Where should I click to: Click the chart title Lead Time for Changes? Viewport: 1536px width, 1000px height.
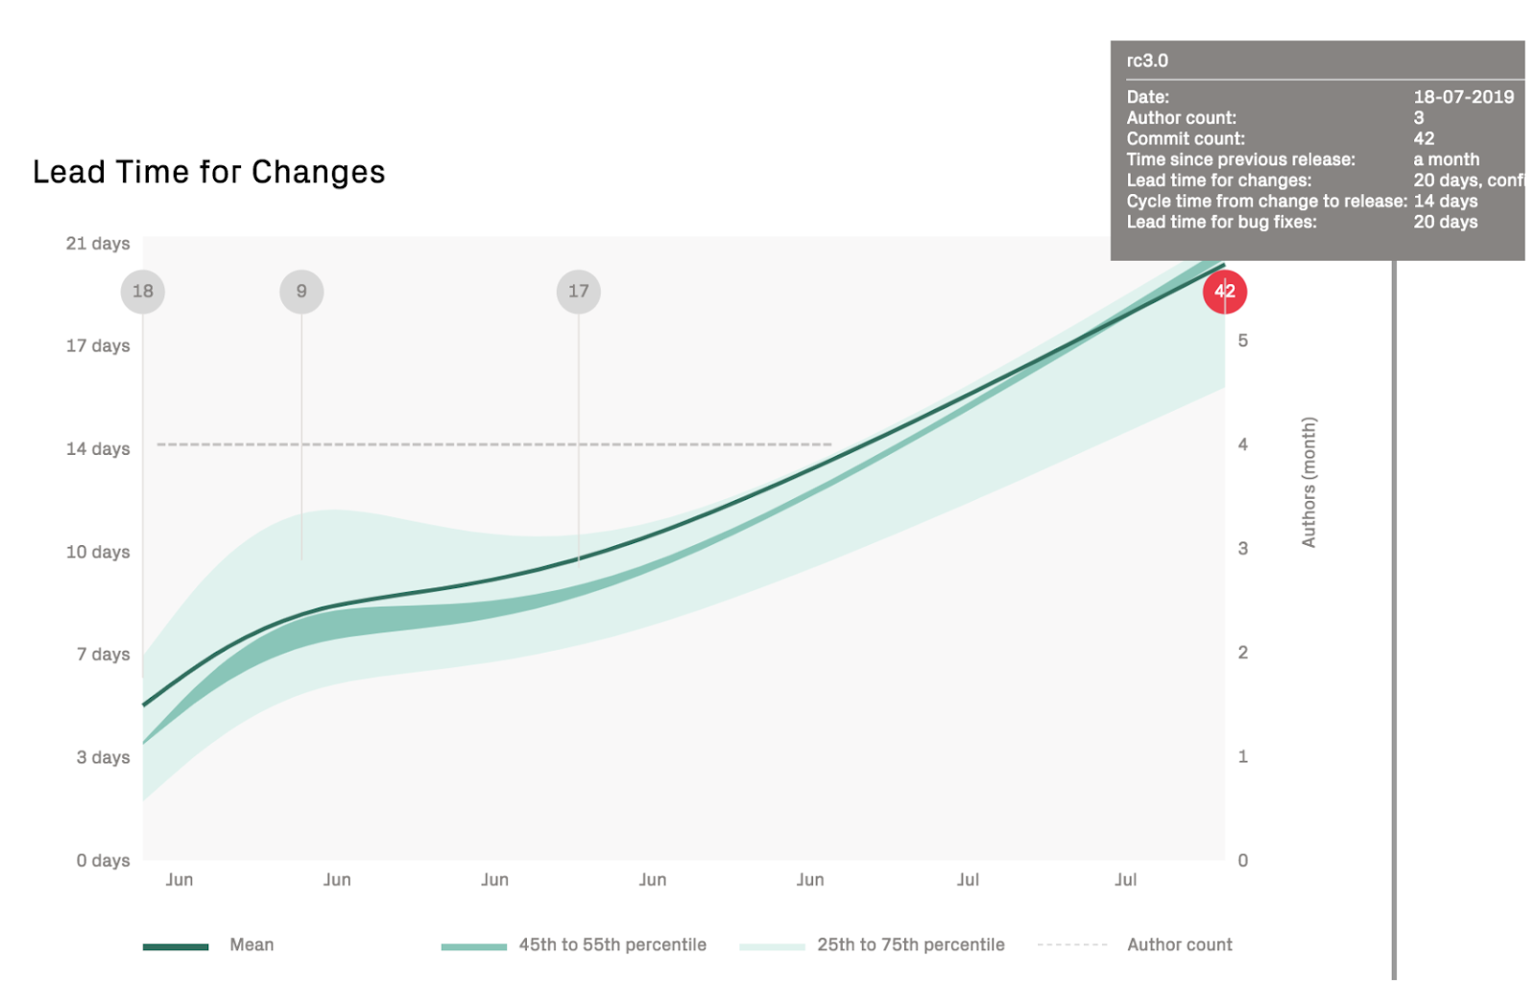(208, 172)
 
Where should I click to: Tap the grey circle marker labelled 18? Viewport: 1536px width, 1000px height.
(143, 291)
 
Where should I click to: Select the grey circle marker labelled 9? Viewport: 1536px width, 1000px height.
(301, 291)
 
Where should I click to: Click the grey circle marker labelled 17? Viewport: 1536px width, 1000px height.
(578, 291)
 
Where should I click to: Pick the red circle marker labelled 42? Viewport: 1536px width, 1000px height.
(1224, 291)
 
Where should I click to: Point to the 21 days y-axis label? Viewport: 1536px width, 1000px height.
(97, 244)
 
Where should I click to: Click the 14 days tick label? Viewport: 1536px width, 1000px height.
(97, 448)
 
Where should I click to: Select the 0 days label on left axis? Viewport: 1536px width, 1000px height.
(103, 860)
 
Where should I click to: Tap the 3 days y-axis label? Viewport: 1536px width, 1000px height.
(103, 757)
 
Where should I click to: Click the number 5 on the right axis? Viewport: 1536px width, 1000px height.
(1242, 341)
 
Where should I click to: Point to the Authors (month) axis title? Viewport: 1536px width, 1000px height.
(1308, 482)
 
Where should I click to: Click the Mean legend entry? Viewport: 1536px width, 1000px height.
(252, 944)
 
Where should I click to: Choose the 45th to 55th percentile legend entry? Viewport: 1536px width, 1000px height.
(612, 944)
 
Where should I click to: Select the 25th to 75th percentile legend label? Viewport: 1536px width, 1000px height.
(910, 944)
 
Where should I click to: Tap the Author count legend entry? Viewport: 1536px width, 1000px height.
(1179, 944)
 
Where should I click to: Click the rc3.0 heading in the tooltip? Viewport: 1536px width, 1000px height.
(1147, 60)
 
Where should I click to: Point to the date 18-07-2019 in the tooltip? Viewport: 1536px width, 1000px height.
(1463, 97)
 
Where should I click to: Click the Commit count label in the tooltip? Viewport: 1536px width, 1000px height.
(1186, 138)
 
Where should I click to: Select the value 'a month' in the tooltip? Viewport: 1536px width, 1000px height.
(1446, 159)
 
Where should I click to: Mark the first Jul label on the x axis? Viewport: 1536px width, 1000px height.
(968, 879)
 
